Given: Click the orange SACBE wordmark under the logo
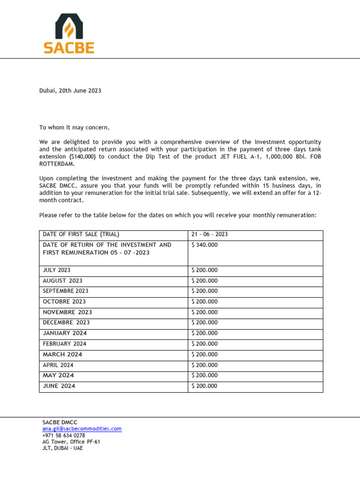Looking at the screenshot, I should (x=69, y=48).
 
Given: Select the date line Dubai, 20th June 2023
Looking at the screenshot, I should (x=70, y=90).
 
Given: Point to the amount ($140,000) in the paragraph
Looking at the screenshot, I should (x=82, y=157).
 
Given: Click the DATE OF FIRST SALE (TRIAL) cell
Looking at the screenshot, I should (x=81, y=234).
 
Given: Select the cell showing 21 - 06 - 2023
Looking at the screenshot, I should (x=210, y=234).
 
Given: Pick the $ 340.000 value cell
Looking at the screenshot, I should (x=204, y=245).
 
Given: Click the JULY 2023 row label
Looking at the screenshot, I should (x=58, y=270).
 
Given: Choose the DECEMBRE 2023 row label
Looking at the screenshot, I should (x=66, y=322).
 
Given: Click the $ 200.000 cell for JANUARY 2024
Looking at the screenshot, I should (x=204, y=333).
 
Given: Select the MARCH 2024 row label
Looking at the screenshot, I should (x=62, y=354).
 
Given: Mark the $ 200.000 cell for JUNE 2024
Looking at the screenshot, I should (x=204, y=386).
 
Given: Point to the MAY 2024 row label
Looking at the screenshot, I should (x=58, y=375).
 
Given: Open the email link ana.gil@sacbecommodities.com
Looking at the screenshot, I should (x=82, y=428).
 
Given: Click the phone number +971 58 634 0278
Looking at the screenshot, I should (x=64, y=435).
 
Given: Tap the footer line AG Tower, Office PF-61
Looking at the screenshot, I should (x=71, y=442).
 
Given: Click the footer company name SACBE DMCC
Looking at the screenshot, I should (x=60, y=422).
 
